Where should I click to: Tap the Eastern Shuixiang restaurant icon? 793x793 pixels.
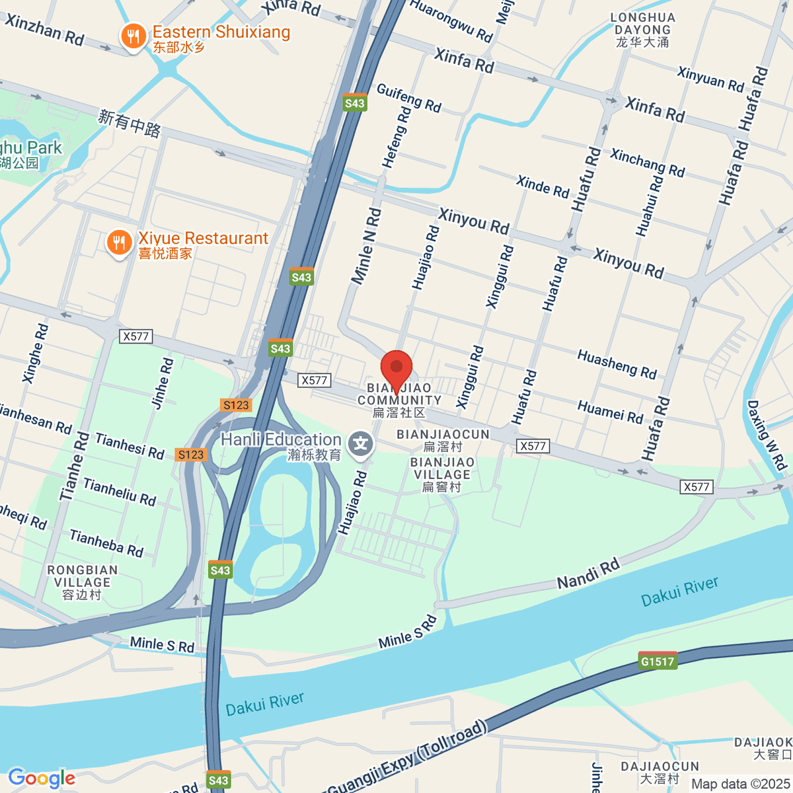[x=133, y=37]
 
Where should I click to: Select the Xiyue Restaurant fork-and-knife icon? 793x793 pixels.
[x=119, y=243]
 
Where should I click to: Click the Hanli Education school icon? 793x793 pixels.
[x=360, y=445]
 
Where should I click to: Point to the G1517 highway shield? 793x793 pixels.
[x=658, y=661]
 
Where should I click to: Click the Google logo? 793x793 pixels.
[x=42, y=778]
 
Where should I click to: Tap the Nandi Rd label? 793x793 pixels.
[x=588, y=573]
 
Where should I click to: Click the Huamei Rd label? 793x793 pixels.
[x=610, y=412]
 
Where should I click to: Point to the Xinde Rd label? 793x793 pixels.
[x=542, y=186]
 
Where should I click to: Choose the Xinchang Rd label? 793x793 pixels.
[x=647, y=163]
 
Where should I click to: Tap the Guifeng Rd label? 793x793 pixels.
[x=408, y=97]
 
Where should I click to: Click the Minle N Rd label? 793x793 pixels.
[x=366, y=246]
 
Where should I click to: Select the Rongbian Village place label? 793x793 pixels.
[x=83, y=582]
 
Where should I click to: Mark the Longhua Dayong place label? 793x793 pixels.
[x=642, y=30]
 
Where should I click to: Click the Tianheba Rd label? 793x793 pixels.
[x=106, y=543]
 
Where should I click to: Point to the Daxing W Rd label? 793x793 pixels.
[x=767, y=435]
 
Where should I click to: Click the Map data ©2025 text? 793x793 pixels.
[x=739, y=784]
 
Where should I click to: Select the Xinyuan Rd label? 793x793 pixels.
[x=710, y=79]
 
